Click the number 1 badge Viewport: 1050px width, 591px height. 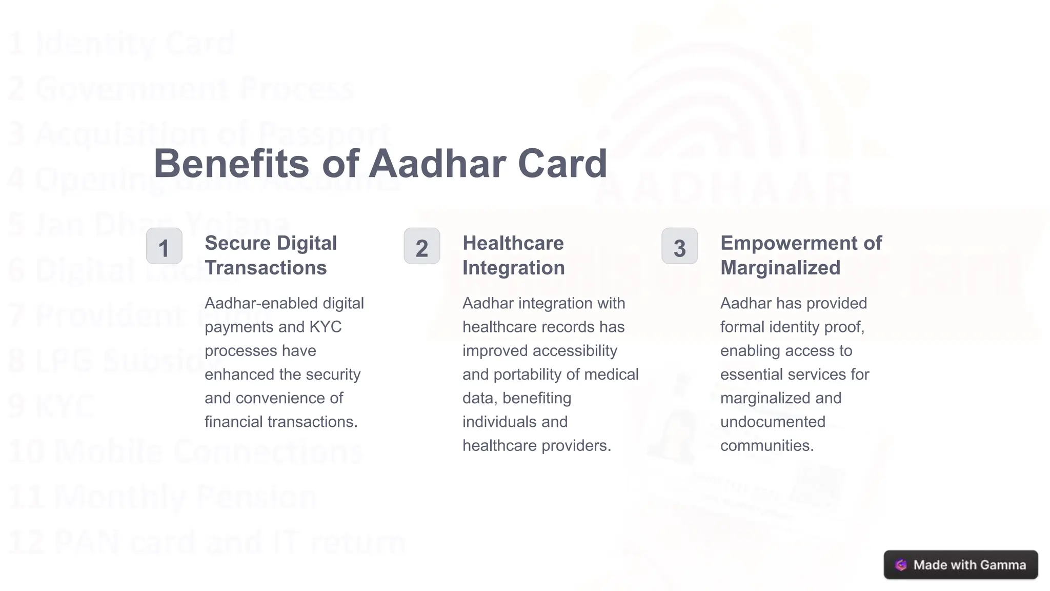click(164, 246)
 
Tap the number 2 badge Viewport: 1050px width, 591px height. click(422, 246)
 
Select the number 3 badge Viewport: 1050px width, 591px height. click(680, 246)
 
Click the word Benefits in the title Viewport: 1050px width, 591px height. click(231, 164)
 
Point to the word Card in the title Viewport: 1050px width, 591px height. click(562, 164)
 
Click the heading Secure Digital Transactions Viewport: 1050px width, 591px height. click(270, 255)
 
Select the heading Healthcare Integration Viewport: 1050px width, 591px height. click(513, 255)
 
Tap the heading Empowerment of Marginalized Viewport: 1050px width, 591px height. click(800, 255)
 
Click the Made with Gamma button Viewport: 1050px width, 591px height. click(960, 565)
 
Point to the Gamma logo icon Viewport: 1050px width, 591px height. click(901, 565)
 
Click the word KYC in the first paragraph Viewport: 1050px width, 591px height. click(326, 327)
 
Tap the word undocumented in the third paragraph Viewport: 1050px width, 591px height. click(773, 422)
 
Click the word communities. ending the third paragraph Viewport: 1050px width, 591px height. click(766, 445)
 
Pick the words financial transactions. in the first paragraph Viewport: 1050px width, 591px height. click(281, 422)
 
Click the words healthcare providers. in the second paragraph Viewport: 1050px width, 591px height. click(536, 445)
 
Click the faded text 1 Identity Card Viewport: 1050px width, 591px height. click(121, 44)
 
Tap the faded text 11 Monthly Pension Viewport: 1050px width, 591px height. click(162, 497)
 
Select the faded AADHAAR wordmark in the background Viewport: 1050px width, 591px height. click(723, 189)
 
